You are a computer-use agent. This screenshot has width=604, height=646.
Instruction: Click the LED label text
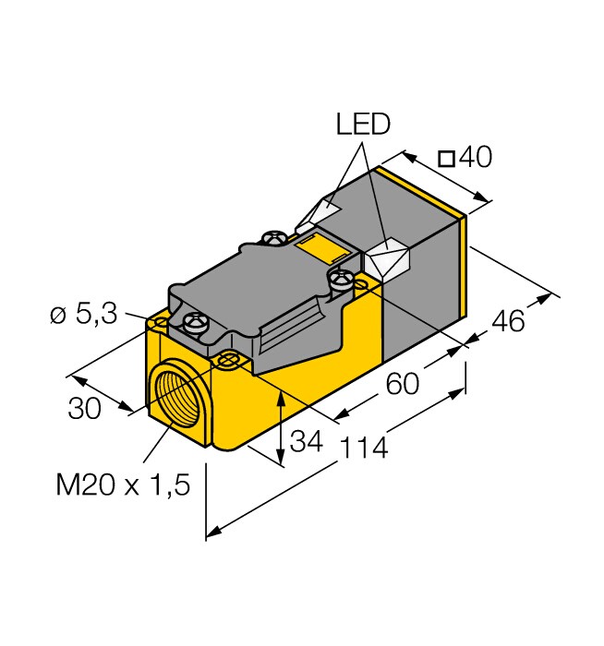tap(362, 124)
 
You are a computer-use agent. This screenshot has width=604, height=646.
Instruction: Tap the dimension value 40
tap(476, 157)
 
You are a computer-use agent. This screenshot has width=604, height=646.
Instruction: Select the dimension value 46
tap(508, 321)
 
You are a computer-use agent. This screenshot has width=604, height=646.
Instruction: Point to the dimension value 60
tap(403, 384)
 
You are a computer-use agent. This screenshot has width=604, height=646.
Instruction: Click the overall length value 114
tap(364, 448)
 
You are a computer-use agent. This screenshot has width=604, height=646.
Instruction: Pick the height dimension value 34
tap(307, 441)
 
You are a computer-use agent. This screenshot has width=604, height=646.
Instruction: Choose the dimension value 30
tap(85, 408)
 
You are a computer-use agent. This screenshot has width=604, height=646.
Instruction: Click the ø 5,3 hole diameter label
tap(84, 316)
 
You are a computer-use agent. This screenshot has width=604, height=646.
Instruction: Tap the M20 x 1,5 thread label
tap(123, 484)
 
